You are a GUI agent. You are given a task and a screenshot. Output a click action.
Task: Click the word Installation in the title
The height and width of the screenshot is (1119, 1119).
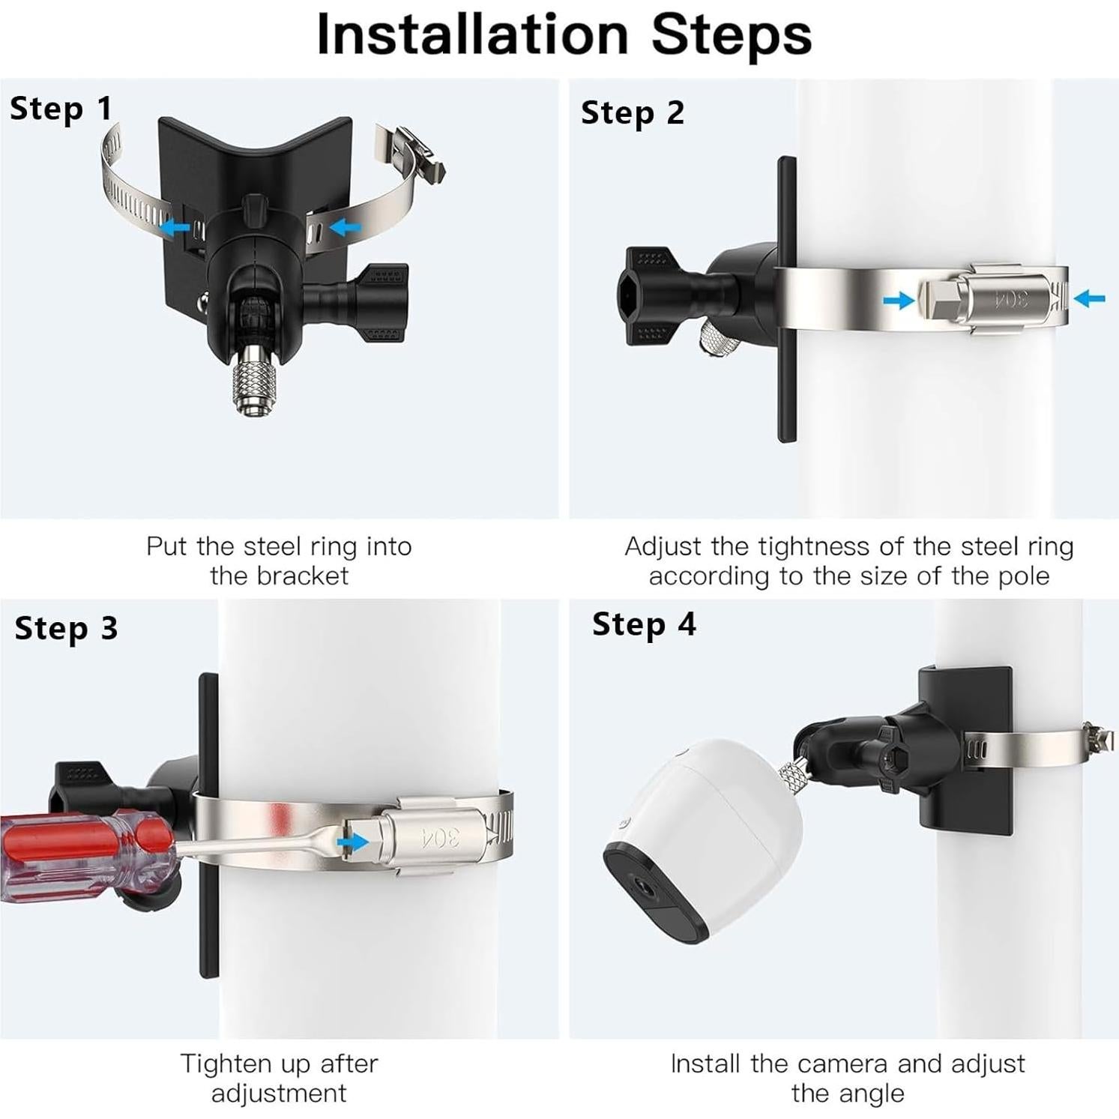tap(472, 34)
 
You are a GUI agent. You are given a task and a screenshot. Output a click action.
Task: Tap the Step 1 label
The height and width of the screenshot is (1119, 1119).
tap(61, 108)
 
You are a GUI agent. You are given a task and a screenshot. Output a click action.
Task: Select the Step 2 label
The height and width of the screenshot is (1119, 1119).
tap(633, 112)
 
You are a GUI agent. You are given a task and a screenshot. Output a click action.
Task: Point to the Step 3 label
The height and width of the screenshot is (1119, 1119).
tap(66, 628)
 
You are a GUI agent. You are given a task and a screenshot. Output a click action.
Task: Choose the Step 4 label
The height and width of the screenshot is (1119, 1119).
tap(644, 624)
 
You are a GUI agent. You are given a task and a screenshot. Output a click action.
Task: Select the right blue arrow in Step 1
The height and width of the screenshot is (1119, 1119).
tap(346, 226)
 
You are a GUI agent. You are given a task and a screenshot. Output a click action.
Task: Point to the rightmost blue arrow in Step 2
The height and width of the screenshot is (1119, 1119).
tap(1089, 298)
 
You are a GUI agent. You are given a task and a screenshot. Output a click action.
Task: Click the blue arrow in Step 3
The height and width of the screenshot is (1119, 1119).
tap(353, 842)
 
